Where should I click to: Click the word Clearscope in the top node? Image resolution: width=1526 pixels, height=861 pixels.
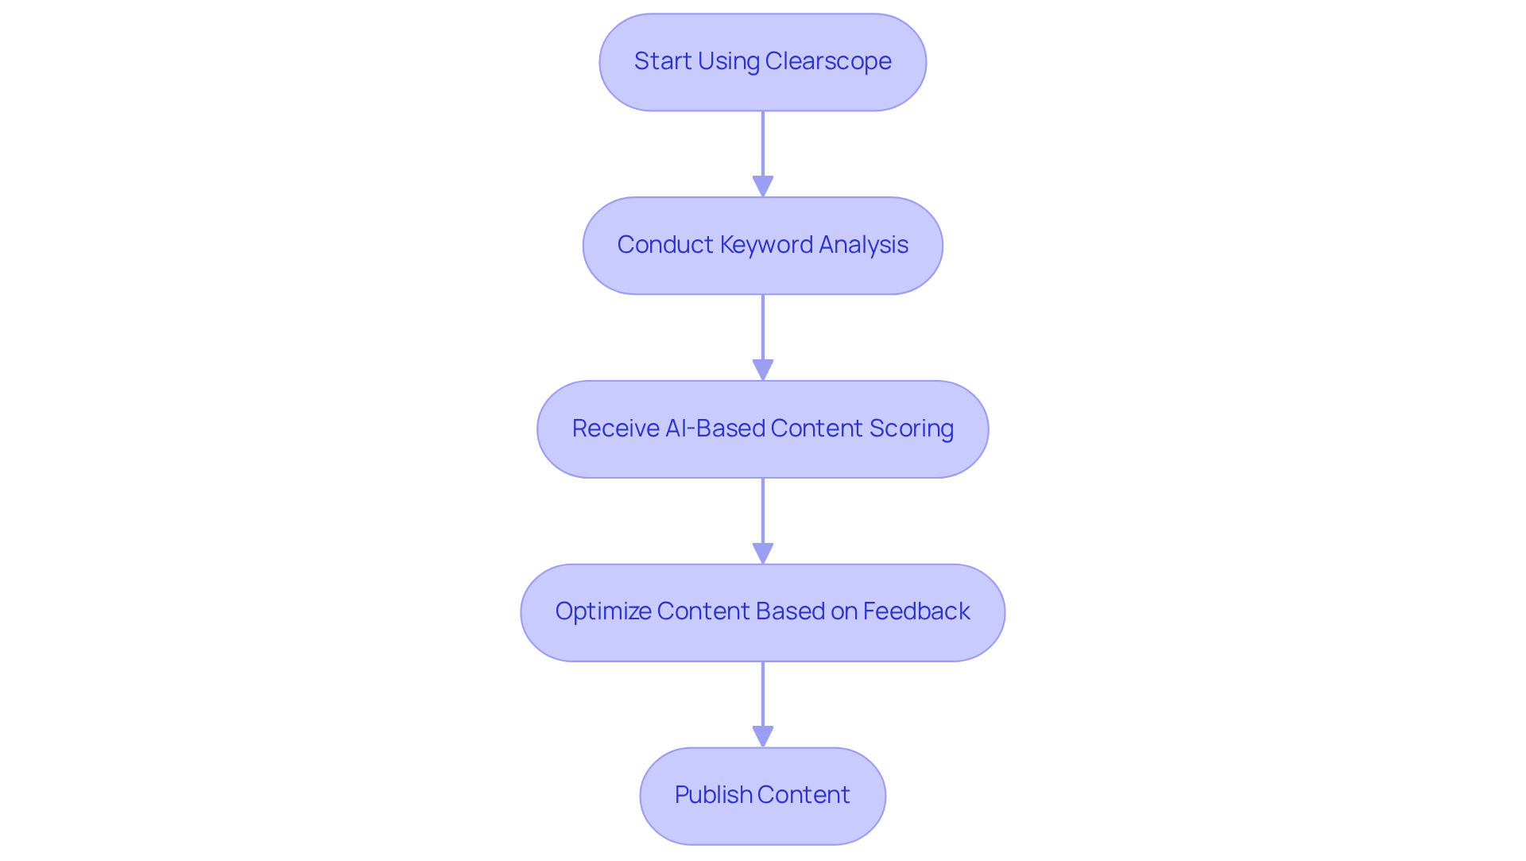click(x=828, y=61)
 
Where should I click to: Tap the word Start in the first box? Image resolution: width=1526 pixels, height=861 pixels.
click(x=663, y=61)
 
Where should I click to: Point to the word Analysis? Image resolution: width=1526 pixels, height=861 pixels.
click(x=863, y=245)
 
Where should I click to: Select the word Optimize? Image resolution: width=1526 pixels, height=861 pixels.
click(x=602, y=611)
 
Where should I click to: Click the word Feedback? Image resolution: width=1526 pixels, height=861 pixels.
click(x=916, y=611)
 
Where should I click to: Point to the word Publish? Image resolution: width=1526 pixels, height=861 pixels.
click(x=713, y=795)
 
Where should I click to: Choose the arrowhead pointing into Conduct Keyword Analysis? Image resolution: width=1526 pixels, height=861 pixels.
click(x=763, y=187)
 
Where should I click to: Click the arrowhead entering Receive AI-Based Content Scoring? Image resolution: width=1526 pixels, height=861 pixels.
click(x=763, y=370)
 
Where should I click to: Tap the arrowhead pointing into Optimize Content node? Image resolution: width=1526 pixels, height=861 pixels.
click(x=763, y=553)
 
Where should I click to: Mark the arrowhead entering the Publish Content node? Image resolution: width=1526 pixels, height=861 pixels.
click(x=763, y=737)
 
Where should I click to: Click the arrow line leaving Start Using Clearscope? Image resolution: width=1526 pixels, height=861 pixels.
click(x=763, y=143)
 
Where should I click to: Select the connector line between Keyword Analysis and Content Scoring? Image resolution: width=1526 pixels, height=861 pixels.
click(x=763, y=326)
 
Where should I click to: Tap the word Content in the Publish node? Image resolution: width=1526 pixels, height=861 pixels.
click(x=804, y=795)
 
